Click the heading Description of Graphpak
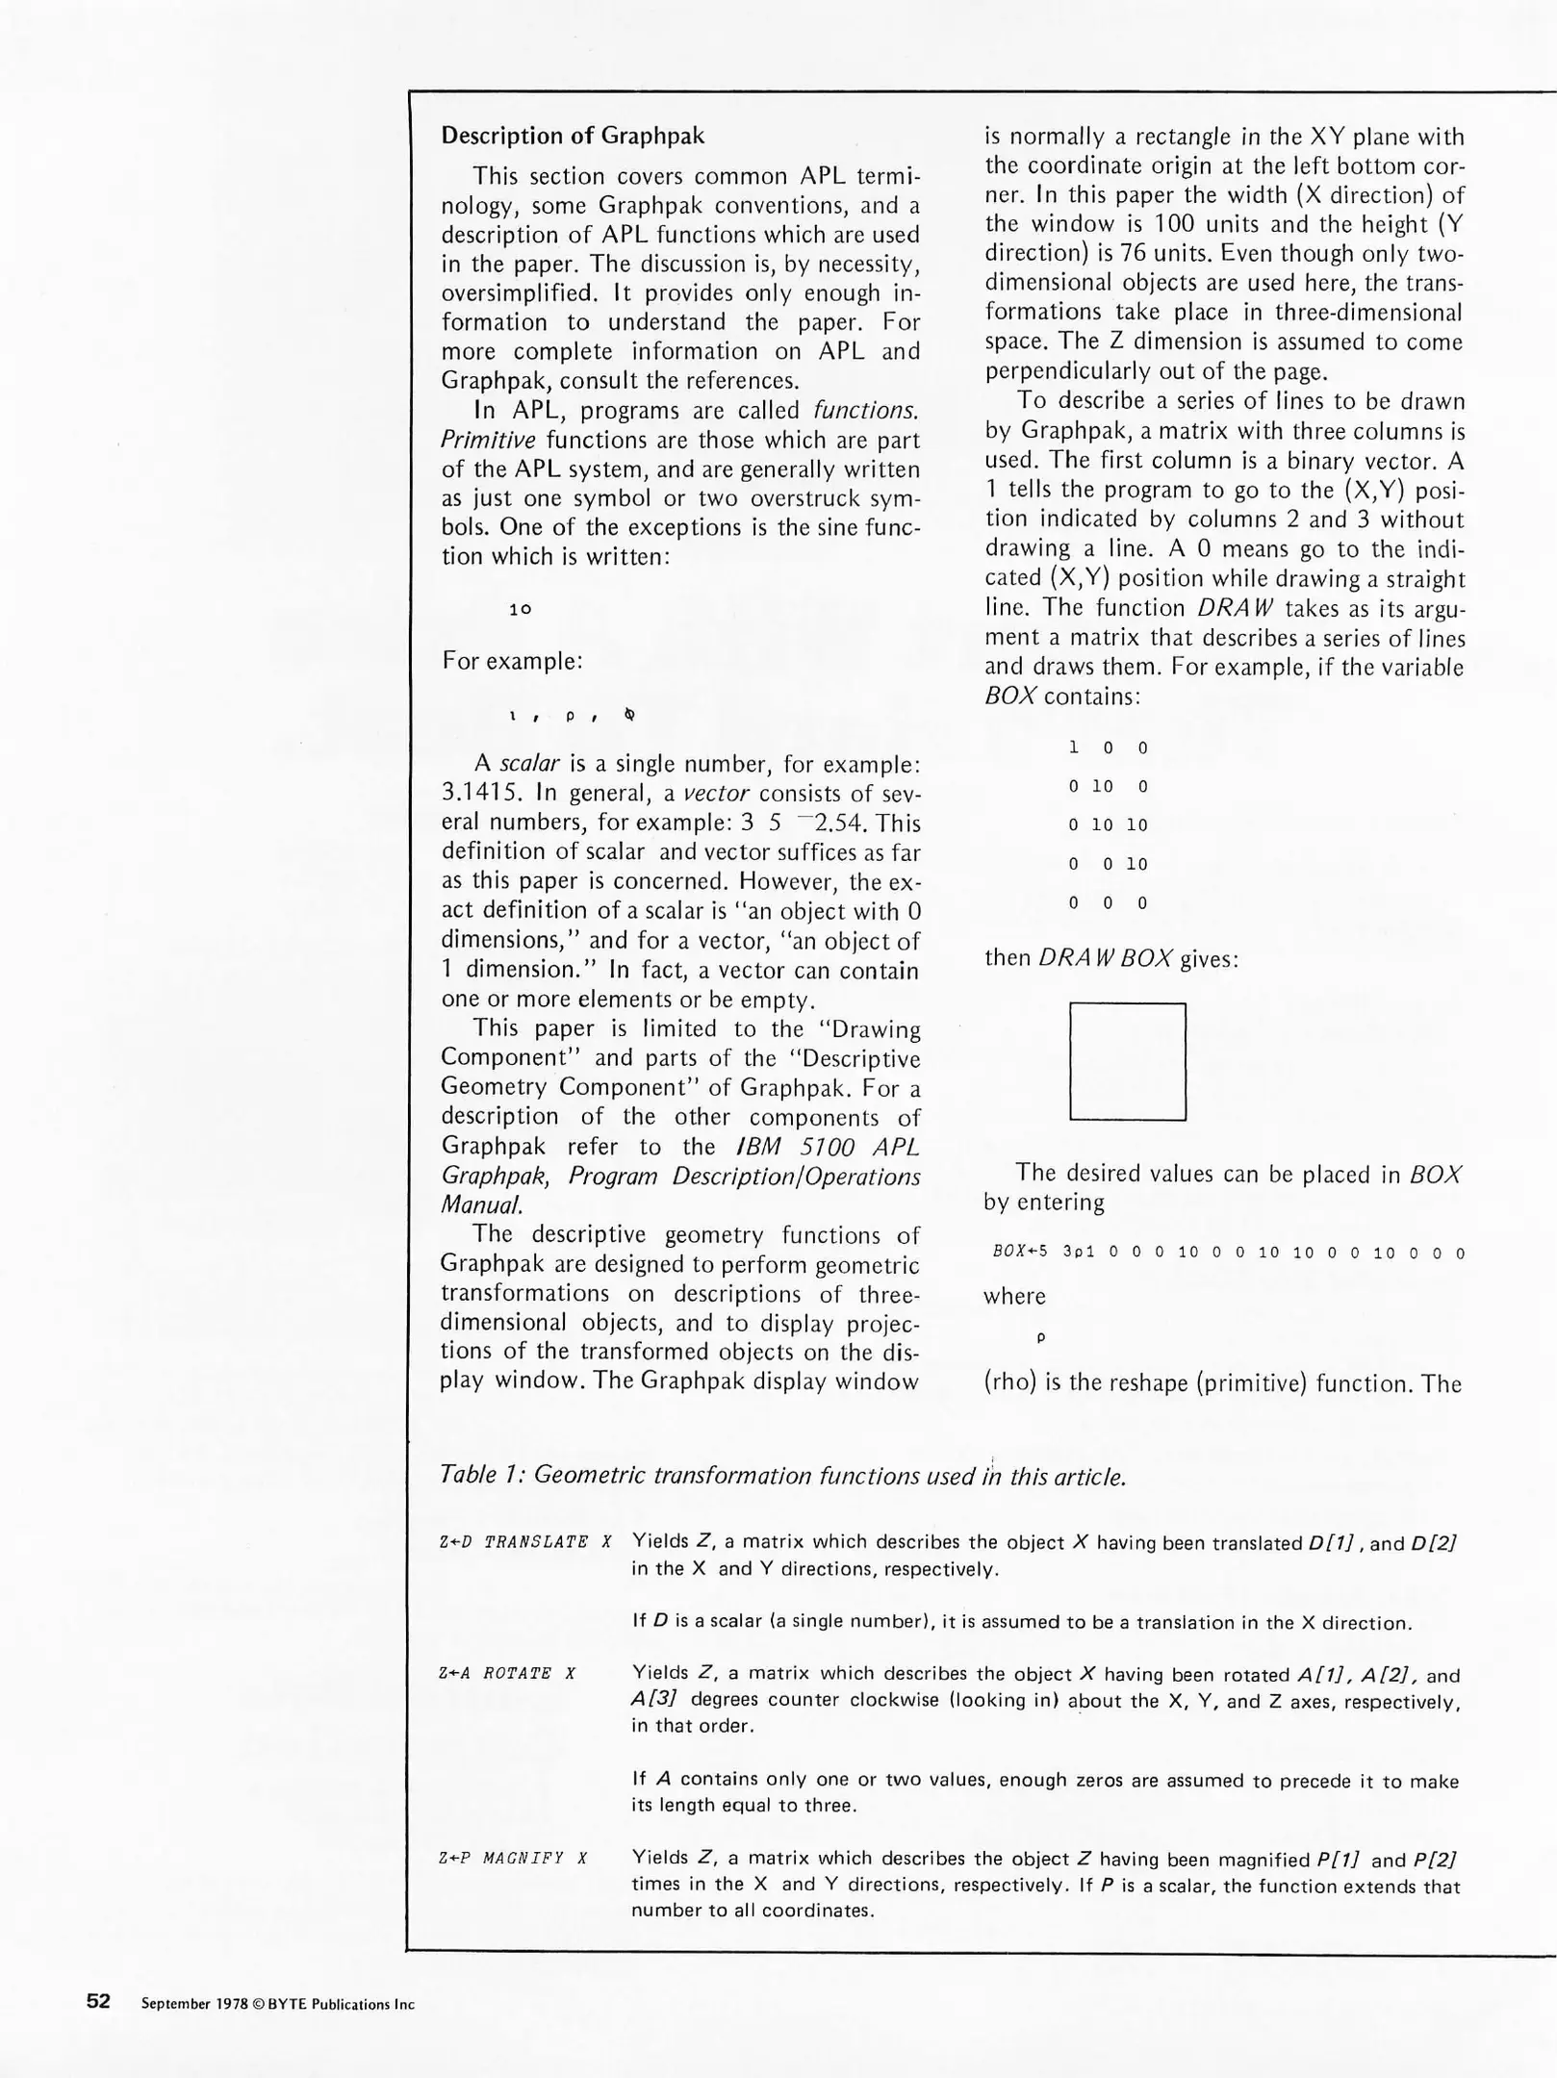[573, 136]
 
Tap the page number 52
[98, 2002]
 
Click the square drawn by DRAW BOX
[1127, 1061]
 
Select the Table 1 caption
[782, 1475]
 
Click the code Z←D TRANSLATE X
[525, 1542]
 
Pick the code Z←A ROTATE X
[507, 1673]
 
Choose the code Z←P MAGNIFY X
[513, 1858]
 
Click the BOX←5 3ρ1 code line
[1228, 1253]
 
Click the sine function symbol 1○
[520, 609]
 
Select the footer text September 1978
[278, 2004]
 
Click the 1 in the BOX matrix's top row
[1073, 748]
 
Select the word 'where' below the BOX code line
[1013, 1296]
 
